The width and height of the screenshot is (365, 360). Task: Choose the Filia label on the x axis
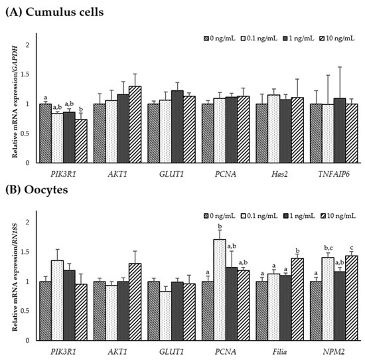coord(279,350)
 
